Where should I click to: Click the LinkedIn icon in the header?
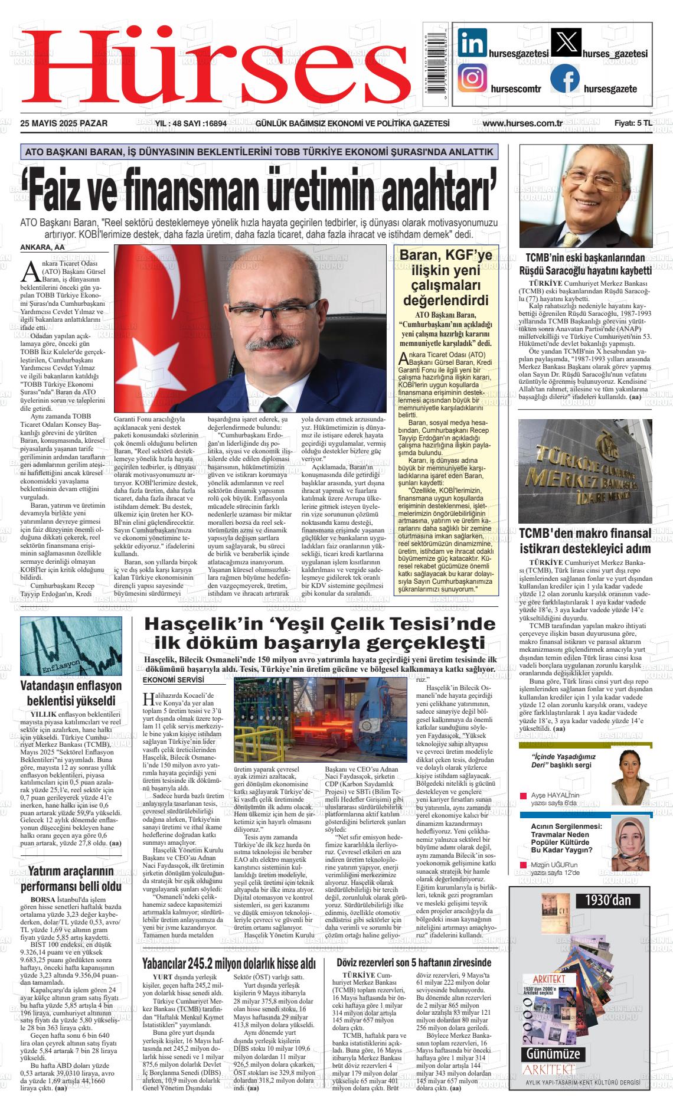point(472,43)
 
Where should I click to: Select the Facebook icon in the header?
point(565,79)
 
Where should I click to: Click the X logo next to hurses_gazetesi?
point(565,43)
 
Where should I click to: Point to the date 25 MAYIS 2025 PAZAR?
point(64,123)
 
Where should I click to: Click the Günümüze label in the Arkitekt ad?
point(552,1054)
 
